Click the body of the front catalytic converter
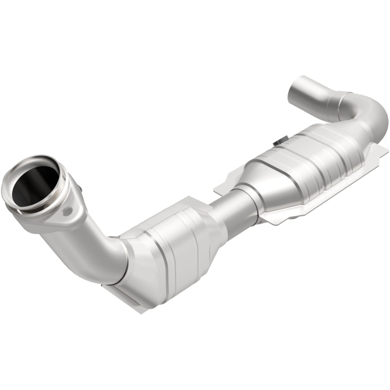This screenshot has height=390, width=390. click(171, 249)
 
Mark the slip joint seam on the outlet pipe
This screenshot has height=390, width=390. click(337, 100)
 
